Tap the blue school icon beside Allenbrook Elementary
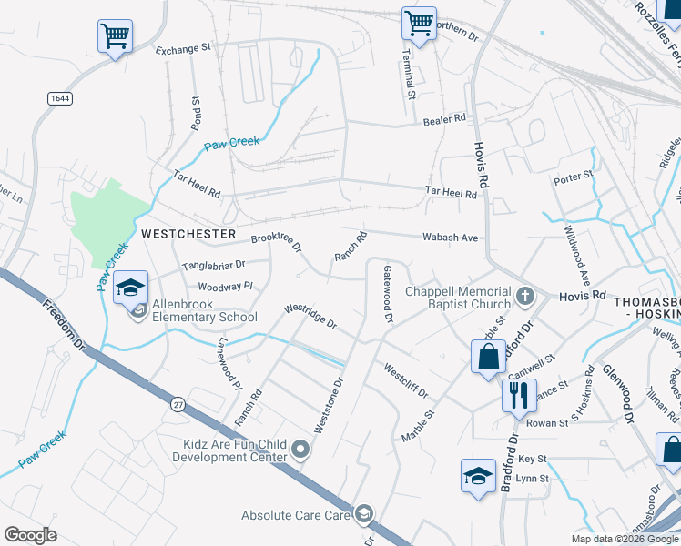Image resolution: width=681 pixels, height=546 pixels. point(130,287)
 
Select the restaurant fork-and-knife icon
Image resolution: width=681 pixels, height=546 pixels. point(518,395)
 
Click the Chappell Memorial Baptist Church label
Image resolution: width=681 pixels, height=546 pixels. point(458,298)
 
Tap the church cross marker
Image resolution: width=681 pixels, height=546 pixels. point(524,296)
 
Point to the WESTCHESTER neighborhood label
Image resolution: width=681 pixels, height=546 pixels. point(188,234)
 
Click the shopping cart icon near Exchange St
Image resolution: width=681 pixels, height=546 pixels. point(115,36)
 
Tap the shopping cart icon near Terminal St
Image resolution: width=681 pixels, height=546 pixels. point(419,23)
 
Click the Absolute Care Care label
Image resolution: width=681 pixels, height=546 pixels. point(296,515)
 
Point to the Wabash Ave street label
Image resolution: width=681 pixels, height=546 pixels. point(450,238)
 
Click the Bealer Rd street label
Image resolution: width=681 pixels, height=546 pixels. point(444,118)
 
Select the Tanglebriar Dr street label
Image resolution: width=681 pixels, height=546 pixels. point(214,266)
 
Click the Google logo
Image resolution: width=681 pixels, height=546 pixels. point(30,534)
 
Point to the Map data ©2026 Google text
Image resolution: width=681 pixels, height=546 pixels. point(624,539)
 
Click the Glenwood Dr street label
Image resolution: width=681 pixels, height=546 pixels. point(615,394)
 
